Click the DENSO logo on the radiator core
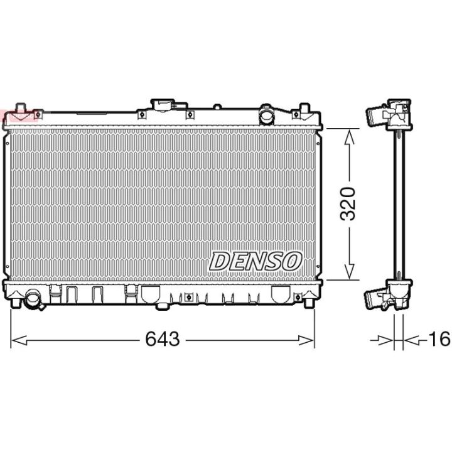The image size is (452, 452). (x=255, y=261)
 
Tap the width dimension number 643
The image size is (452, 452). (x=163, y=339)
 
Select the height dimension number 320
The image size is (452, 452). (x=348, y=204)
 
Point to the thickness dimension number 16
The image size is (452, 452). (x=439, y=339)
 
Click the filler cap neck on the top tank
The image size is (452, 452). (x=163, y=105)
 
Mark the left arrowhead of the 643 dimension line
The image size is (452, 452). (x=19, y=340)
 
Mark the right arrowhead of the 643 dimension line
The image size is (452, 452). (x=306, y=340)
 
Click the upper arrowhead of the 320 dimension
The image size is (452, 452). (x=350, y=137)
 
